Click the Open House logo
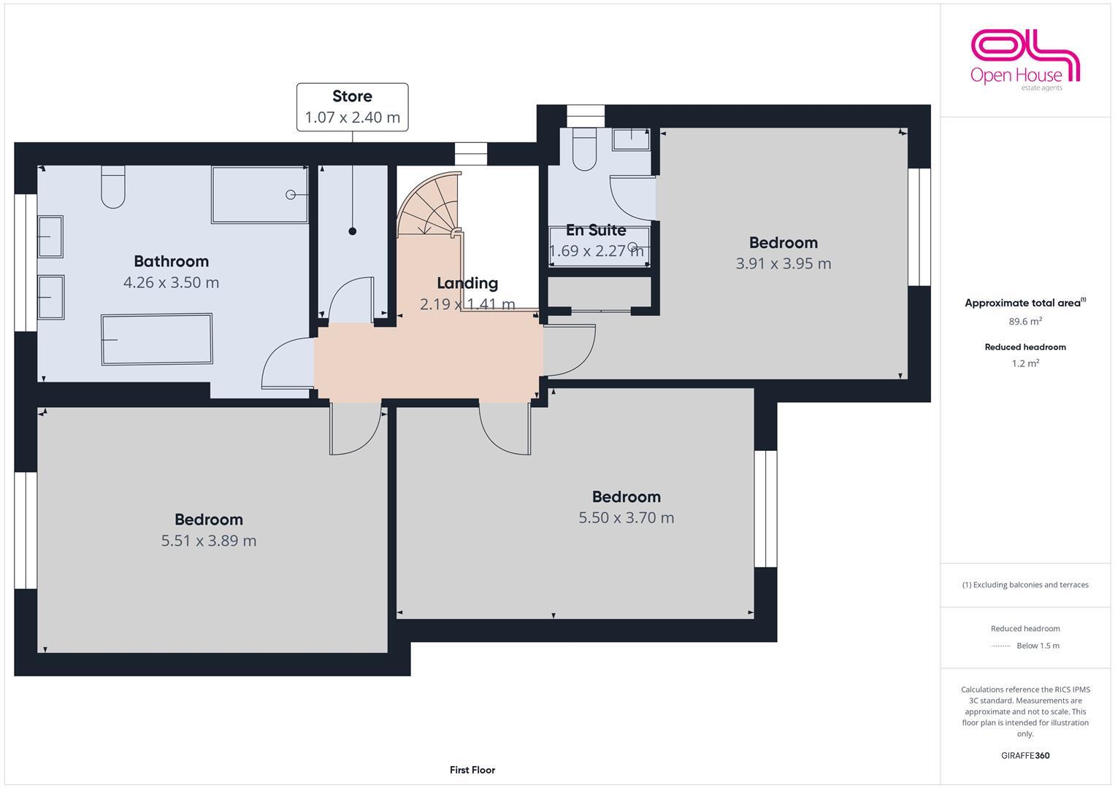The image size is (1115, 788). click(x=1024, y=60)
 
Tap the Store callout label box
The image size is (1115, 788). click(x=352, y=107)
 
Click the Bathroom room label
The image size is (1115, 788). click(x=171, y=261)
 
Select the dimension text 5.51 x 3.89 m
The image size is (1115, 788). click(x=209, y=541)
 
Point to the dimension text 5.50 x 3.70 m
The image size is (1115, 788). click(x=627, y=518)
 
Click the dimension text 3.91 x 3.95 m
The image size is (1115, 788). click(x=783, y=263)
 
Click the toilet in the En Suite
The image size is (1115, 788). click(x=585, y=150)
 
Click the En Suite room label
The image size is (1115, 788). click(x=596, y=231)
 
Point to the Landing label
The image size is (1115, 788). click(x=467, y=283)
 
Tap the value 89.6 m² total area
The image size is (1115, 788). click(x=1025, y=321)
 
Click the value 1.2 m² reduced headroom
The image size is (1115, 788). click(x=1025, y=363)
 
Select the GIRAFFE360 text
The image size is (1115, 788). click(x=1025, y=756)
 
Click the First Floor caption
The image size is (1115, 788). click(x=472, y=770)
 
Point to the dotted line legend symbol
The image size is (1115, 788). click(x=1001, y=646)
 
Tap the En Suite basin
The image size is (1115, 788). click(x=630, y=139)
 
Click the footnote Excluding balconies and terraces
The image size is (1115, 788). click(x=1025, y=584)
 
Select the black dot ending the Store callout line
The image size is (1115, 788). click(x=353, y=231)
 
